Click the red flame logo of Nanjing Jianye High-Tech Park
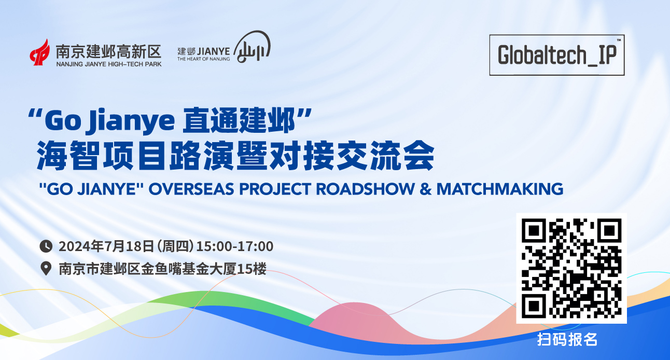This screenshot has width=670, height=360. [40, 53]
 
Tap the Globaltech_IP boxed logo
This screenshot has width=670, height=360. [556, 55]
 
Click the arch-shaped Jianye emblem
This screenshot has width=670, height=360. [252, 47]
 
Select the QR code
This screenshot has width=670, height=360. [571, 268]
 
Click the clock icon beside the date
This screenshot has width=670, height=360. [46, 246]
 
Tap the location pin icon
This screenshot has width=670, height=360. [46, 268]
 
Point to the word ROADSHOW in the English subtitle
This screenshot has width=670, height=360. [365, 189]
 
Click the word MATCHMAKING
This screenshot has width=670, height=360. [500, 189]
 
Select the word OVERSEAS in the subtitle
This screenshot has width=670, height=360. [191, 189]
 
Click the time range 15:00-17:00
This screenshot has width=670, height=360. [235, 246]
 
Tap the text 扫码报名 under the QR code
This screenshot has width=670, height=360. [567, 339]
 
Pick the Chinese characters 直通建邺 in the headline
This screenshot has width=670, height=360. [239, 120]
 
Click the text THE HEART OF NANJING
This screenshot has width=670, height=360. [203, 59]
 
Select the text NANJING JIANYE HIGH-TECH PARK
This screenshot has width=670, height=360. [109, 64]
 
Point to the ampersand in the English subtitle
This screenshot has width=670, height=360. [425, 189]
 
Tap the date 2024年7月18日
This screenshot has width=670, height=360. [106, 246]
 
